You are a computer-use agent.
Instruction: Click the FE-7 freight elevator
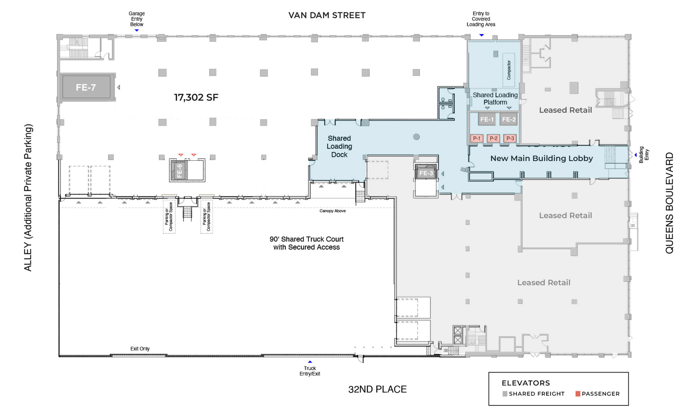(x=86, y=87)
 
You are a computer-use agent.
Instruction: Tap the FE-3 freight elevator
(x=426, y=173)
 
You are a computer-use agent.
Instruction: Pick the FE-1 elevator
(x=487, y=119)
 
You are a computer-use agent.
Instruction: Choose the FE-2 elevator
(x=509, y=119)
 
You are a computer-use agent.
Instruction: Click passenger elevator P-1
(x=477, y=138)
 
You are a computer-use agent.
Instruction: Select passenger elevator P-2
(x=494, y=138)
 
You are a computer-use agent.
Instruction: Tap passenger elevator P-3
(x=510, y=138)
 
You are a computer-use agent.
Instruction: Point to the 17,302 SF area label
(x=196, y=98)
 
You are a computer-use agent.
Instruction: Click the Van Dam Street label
(x=327, y=15)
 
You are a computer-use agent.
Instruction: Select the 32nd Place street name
(x=377, y=389)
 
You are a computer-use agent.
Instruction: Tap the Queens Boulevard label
(x=669, y=203)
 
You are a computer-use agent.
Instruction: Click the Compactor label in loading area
(x=509, y=70)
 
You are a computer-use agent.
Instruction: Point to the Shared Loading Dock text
(x=339, y=146)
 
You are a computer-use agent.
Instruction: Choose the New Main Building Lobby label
(x=542, y=158)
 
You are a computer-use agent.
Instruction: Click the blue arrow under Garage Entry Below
(x=137, y=30)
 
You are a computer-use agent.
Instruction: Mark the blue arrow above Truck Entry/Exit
(x=310, y=362)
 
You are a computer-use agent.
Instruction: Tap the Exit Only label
(x=140, y=349)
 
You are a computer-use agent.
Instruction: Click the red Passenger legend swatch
(x=578, y=394)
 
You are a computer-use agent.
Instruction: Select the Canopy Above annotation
(x=333, y=211)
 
